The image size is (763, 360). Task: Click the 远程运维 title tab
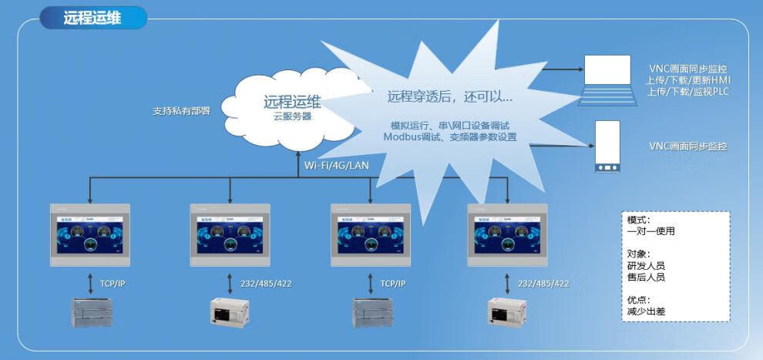click(92, 18)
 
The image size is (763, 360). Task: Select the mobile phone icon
click(608, 146)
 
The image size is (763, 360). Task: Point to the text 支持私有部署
click(180, 110)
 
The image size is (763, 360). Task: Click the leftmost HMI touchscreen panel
click(90, 234)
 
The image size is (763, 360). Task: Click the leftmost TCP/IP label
click(112, 284)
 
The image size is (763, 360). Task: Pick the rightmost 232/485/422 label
click(543, 284)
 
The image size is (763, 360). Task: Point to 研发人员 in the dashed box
click(646, 266)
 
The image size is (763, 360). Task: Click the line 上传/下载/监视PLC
click(688, 92)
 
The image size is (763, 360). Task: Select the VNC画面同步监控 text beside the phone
click(688, 146)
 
